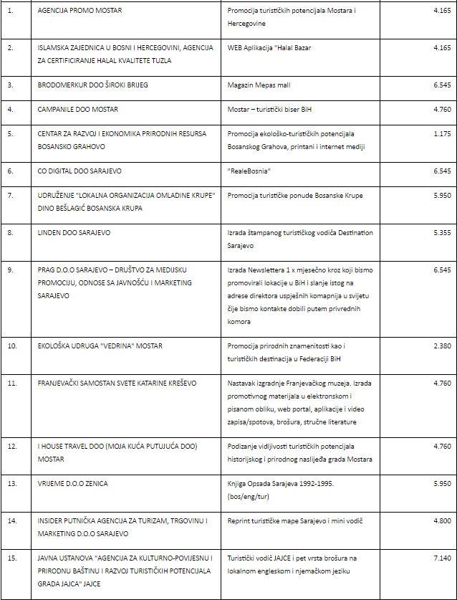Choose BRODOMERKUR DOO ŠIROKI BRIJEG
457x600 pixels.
[93, 85]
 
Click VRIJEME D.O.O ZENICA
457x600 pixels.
[72, 483]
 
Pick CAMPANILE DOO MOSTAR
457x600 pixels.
[78, 109]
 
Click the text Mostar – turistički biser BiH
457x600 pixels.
[272, 109]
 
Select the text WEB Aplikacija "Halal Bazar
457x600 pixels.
[269, 47]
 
